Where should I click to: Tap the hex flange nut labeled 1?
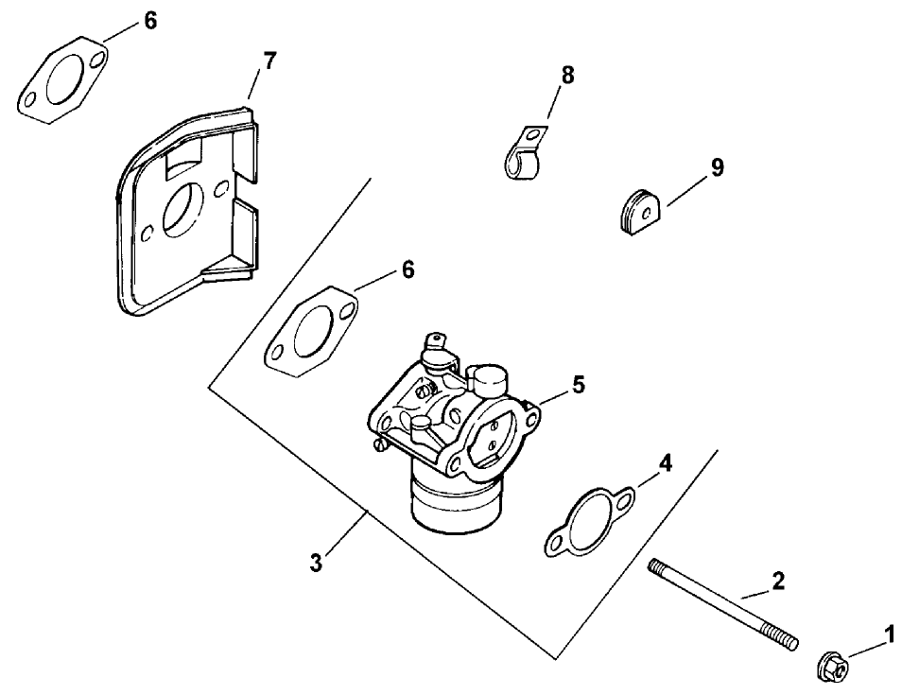pos(832,666)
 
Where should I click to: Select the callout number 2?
pos(777,581)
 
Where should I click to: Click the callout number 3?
pos(316,564)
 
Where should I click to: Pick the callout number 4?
pos(666,463)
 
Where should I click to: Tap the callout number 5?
pos(579,385)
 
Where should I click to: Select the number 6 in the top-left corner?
pos(150,21)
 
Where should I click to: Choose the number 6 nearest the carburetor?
pos(408,269)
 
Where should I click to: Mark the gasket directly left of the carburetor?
pos(311,330)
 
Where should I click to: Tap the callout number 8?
pos(567,76)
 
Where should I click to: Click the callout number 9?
pos(718,167)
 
